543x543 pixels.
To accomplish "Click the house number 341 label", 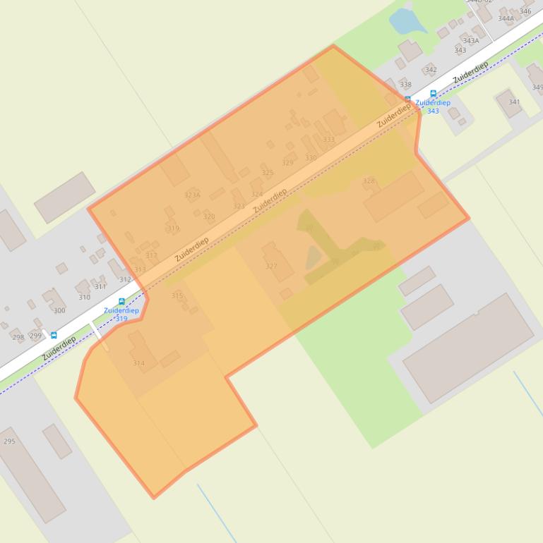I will (514, 102).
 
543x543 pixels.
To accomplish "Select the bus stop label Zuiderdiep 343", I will (433, 106).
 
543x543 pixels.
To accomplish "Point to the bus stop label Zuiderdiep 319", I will (121, 314).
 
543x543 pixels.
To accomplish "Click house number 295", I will (9, 441).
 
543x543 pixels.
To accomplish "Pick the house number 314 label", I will (138, 363).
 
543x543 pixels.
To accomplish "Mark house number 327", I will (271, 267).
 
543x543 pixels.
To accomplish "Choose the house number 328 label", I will (369, 181).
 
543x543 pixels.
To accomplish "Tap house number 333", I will (328, 140).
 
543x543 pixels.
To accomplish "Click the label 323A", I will (192, 195).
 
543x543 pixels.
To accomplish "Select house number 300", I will (59, 310).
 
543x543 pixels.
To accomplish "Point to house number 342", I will (431, 70).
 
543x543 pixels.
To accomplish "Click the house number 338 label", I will (405, 85).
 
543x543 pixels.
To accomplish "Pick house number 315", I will (177, 296).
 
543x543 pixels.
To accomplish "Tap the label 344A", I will (506, 18).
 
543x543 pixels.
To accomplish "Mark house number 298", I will (18, 337).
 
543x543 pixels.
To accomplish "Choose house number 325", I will (267, 173).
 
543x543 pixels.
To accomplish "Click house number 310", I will (84, 297).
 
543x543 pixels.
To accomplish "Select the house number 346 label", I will (525, 11).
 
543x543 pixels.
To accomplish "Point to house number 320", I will (209, 216).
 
